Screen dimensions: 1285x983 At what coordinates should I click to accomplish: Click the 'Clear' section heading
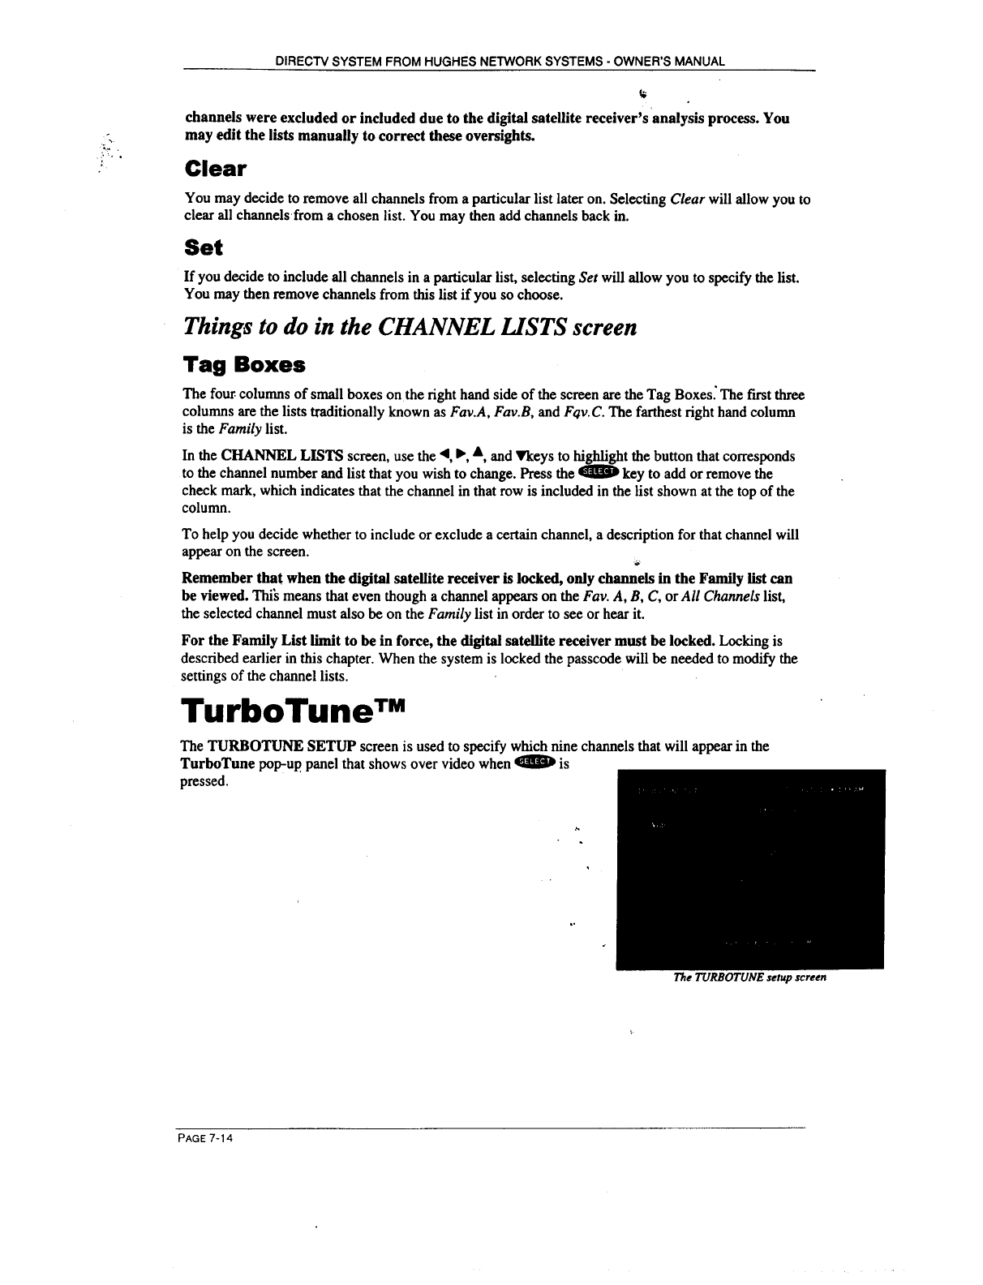tap(215, 169)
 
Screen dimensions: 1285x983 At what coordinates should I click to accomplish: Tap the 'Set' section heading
tap(204, 247)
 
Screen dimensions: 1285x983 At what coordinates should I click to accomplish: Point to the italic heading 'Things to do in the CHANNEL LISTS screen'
tap(410, 326)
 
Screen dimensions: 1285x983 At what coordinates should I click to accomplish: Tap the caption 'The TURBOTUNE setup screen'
tap(749, 978)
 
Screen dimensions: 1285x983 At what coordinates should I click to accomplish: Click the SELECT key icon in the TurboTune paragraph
tap(534, 763)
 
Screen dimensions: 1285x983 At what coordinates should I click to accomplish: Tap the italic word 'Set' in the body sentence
tap(589, 278)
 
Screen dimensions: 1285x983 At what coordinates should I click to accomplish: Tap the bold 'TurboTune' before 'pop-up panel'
tap(217, 764)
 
